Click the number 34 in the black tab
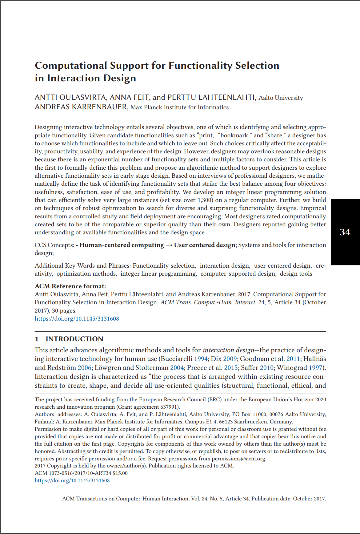click(345, 232)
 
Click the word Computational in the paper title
click(70, 66)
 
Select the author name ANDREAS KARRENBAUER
click(81, 107)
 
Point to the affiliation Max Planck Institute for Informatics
click(179, 107)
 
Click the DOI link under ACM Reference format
click(77, 319)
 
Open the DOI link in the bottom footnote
click(72, 480)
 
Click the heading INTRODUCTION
click(74, 339)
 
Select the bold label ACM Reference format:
click(70, 286)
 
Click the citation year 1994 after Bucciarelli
click(201, 359)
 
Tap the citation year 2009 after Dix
click(230, 359)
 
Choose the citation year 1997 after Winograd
click(315, 368)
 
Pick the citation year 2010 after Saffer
click(266, 368)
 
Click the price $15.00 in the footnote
click(120, 473)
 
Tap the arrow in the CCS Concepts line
click(169, 245)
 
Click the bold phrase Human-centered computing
click(122, 245)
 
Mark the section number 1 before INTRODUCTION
click(37, 339)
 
